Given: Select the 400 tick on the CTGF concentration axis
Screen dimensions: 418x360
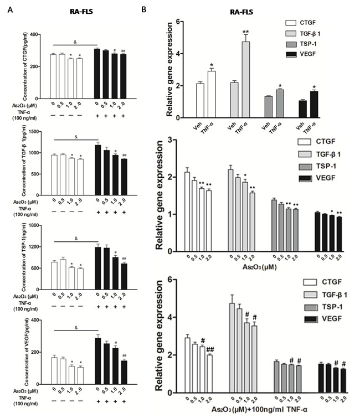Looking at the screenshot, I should tap(38, 34).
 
